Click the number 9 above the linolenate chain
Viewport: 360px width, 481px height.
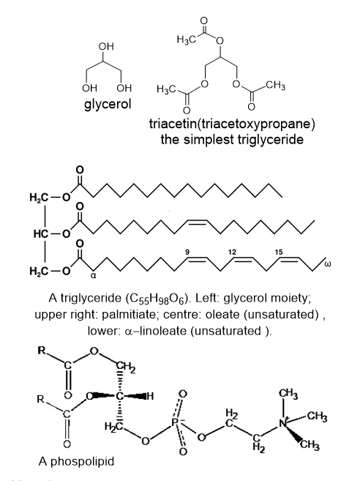pyautogui.click(x=188, y=252)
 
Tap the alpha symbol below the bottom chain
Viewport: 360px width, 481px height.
pyautogui.click(x=94, y=277)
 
